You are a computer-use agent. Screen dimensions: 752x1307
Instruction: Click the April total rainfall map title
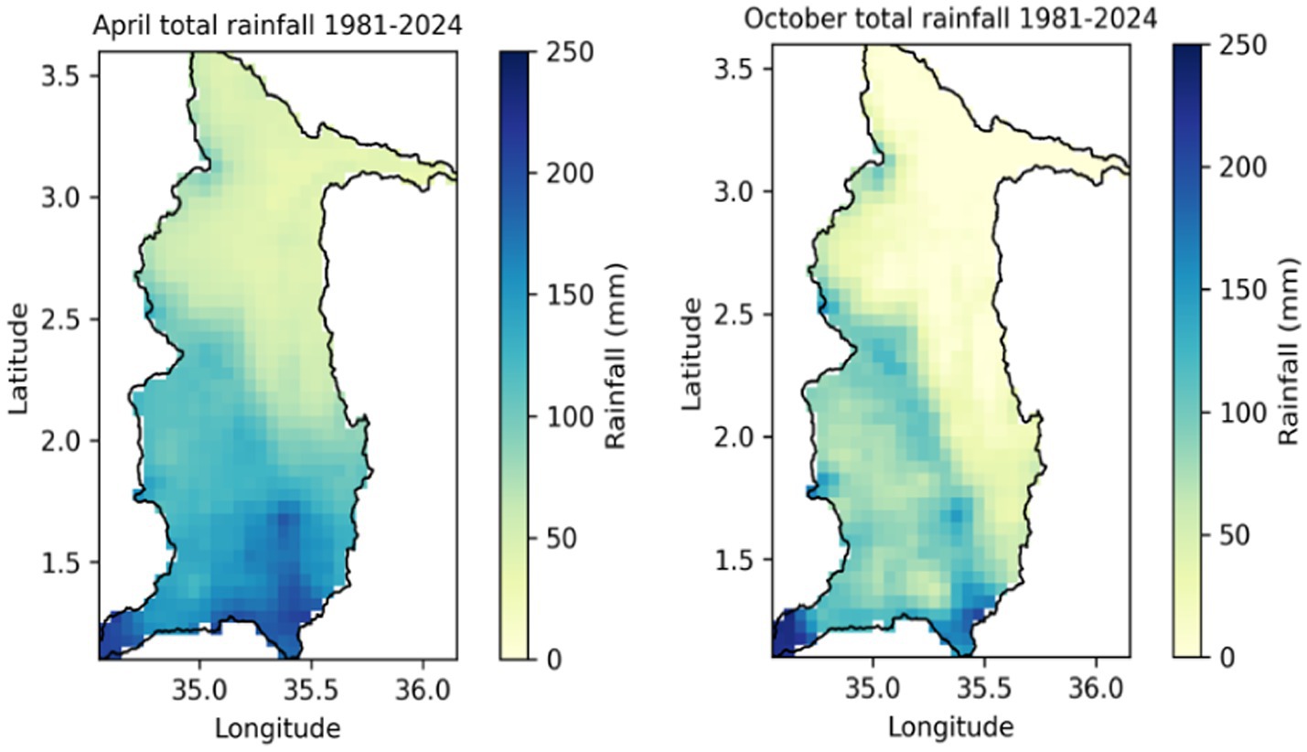coord(277,27)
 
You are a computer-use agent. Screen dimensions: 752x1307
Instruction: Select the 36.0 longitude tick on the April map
coord(422,687)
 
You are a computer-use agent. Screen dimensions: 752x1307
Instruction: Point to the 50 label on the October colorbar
coord(1237,534)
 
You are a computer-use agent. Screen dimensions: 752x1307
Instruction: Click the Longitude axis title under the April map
coord(277,728)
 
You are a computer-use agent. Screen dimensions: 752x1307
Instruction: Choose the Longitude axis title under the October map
coord(950,727)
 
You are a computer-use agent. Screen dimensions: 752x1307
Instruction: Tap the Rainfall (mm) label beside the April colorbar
coord(616,355)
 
